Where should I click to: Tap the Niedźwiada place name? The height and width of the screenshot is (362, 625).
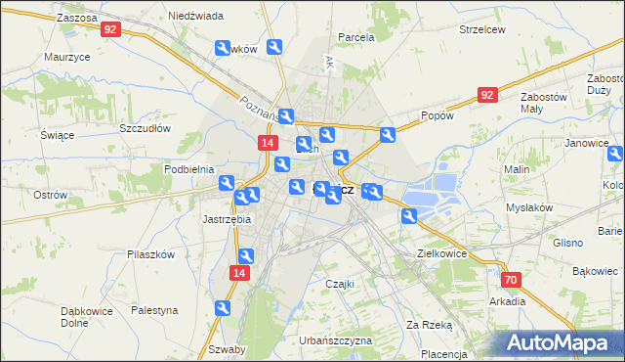(x=195, y=17)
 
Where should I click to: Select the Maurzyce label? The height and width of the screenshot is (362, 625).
(x=67, y=57)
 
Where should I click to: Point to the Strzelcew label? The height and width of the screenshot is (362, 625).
(x=481, y=29)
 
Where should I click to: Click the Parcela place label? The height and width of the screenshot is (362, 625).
(x=356, y=37)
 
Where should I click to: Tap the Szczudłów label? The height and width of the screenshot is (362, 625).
(x=145, y=128)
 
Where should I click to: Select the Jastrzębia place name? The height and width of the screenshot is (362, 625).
(x=227, y=219)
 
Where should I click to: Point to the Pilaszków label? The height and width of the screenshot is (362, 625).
(x=150, y=253)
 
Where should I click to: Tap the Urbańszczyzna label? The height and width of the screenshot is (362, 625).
(x=337, y=340)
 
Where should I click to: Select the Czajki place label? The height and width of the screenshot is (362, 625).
(x=339, y=284)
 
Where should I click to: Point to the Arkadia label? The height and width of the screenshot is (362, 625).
(x=508, y=301)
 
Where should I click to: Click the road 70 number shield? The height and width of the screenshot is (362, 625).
(x=513, y=280)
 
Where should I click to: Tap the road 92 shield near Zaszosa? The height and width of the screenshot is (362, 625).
(x=110, y=30)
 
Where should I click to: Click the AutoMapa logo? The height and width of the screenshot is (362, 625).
(x=560, y=341)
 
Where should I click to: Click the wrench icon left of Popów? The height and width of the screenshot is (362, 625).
(x=388, y=136)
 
